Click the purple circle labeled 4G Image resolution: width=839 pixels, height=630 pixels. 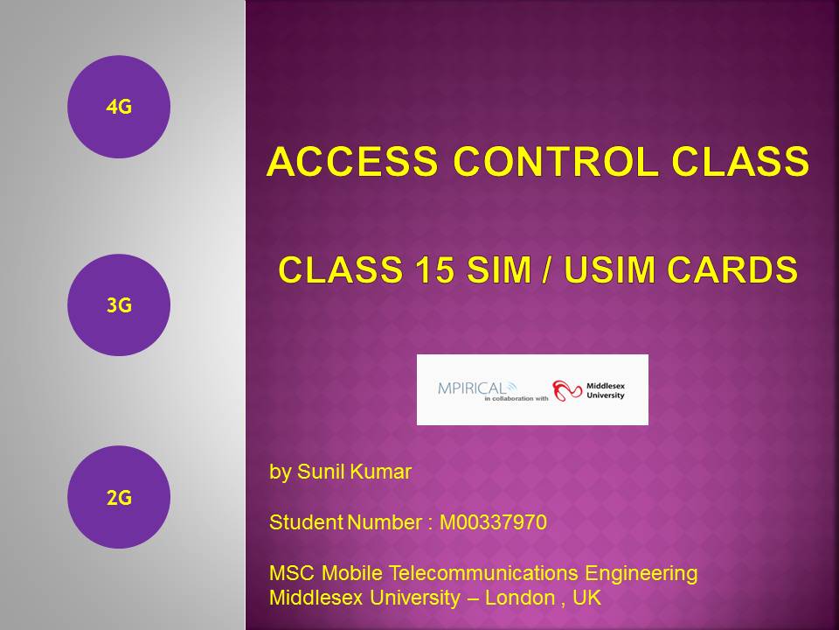point(119,107)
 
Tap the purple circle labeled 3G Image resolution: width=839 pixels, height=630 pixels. point(119,305)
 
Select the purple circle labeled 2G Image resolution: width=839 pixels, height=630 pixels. point(119,498)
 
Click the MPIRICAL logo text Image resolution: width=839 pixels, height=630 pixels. point(476,386)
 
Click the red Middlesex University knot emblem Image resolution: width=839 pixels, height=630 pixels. point(568,389)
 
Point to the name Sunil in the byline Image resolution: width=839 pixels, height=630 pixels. point(323,472)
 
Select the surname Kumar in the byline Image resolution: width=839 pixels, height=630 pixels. point(382,472)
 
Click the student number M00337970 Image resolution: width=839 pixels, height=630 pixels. point(493,522)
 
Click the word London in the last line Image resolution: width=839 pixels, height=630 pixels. point(519,598)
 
